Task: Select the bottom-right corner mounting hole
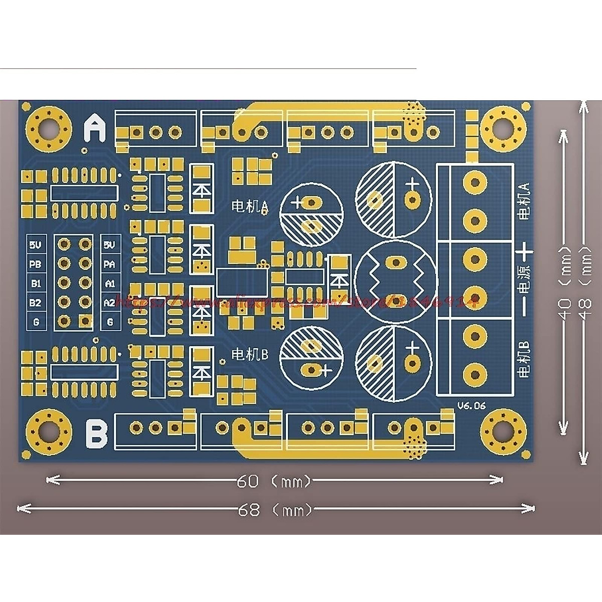click(504, 430)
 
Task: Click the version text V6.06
click(471, 406)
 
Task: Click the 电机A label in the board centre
click(250, 206)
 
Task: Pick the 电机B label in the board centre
click(250, 354)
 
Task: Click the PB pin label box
click(36, 264)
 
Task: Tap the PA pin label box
click(110, 264)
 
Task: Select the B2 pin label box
click(36, 303)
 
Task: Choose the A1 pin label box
click(110, 283)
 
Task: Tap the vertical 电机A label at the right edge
click(524, 201)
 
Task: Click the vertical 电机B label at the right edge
click(524, 359)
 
